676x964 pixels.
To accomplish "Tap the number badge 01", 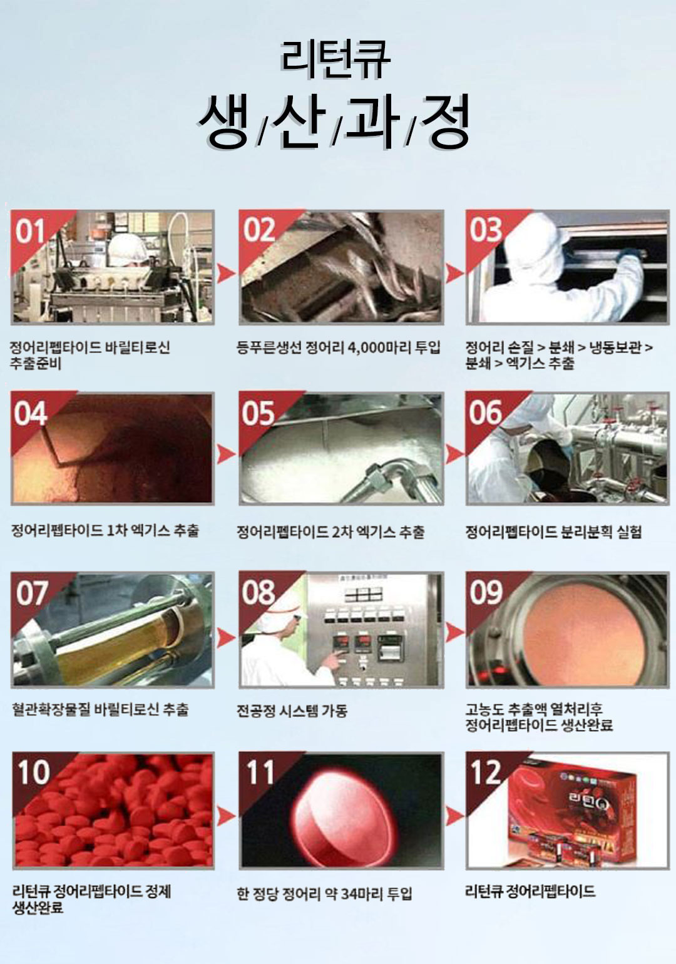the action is tap(29, 232).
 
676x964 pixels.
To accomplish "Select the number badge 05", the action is tap(258, 414).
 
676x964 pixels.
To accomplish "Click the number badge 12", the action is tap(486, 773).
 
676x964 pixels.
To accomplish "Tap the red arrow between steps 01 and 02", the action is tap(226, 273).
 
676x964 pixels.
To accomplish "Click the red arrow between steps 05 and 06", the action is tap(454, 454).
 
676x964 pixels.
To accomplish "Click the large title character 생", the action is tap(223, 121).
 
